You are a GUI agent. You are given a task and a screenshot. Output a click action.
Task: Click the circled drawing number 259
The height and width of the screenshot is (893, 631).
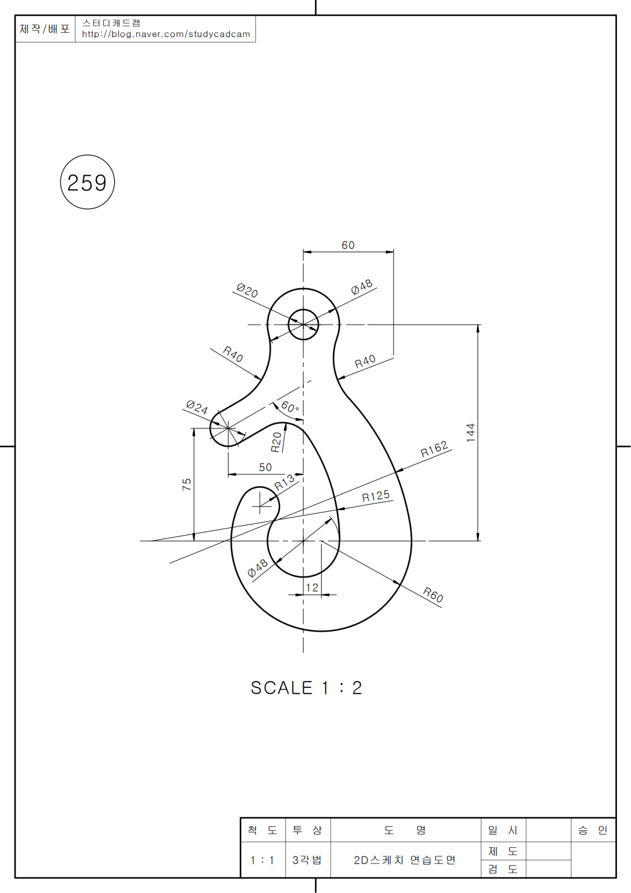87,182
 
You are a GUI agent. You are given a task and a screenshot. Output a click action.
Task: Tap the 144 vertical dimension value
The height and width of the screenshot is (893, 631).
471,432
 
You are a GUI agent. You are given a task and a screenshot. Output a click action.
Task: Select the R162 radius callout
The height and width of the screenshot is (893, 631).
434,449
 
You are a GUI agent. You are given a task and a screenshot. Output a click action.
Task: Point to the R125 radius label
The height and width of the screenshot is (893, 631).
376,496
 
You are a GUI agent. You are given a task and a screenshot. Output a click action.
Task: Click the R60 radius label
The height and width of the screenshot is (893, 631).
433,595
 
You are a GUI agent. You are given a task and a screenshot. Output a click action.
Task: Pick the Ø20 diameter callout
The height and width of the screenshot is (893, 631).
247,290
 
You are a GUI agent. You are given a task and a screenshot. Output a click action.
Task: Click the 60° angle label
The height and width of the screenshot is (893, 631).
290,407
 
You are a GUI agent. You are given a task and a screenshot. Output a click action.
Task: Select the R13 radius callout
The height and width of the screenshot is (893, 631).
284,482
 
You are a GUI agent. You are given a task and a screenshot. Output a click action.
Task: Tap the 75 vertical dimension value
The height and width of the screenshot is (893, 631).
187,484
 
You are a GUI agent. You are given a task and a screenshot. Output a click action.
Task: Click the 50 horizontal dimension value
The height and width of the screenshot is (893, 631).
266,467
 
